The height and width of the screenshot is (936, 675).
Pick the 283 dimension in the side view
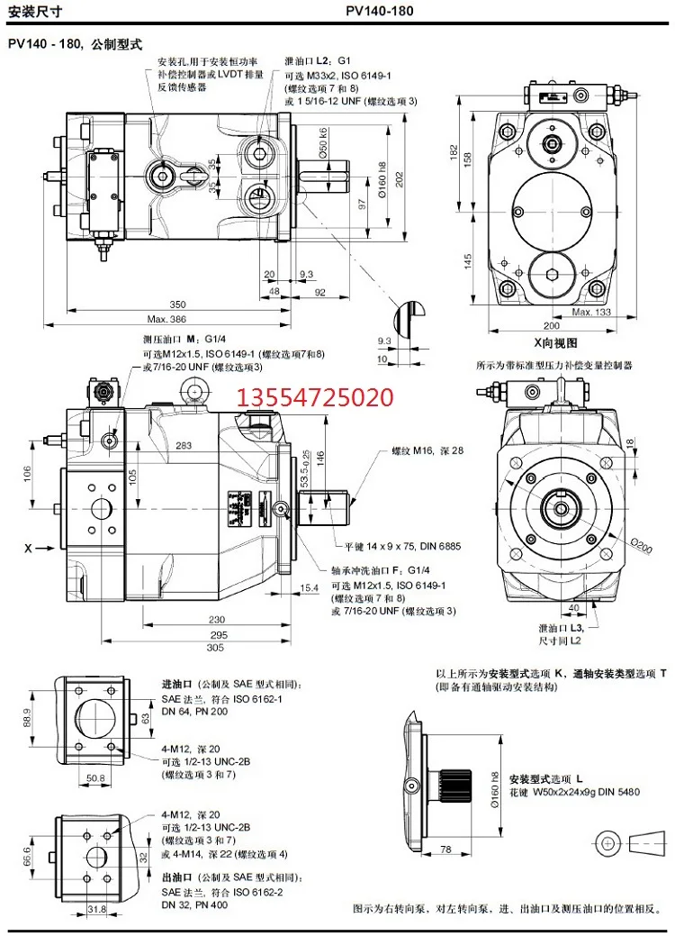(184, 446)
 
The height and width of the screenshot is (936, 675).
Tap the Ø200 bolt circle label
(640, 543)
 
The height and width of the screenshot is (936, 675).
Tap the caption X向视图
(553, 342)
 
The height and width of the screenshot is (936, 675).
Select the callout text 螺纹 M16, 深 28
(427, 450)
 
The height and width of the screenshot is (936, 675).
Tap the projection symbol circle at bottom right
(609, 841)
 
